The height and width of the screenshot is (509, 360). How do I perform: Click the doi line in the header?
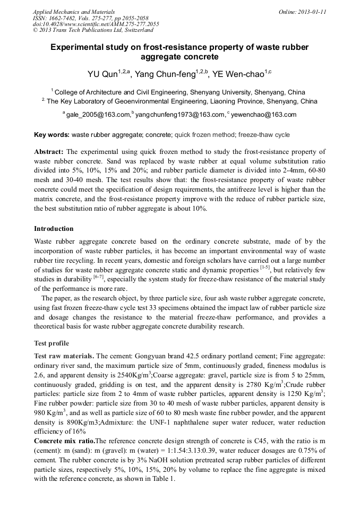(x=96, y=24)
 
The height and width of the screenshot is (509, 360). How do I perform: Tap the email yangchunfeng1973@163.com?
(x=180, y=115)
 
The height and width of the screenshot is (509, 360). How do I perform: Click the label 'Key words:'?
(x=52, y=135)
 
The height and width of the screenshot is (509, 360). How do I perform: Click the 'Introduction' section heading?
(x=54, y=229)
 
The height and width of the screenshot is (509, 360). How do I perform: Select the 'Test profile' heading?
(x=52, y=343)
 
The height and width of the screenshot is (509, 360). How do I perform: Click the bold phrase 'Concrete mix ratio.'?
(x=64, y=441)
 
